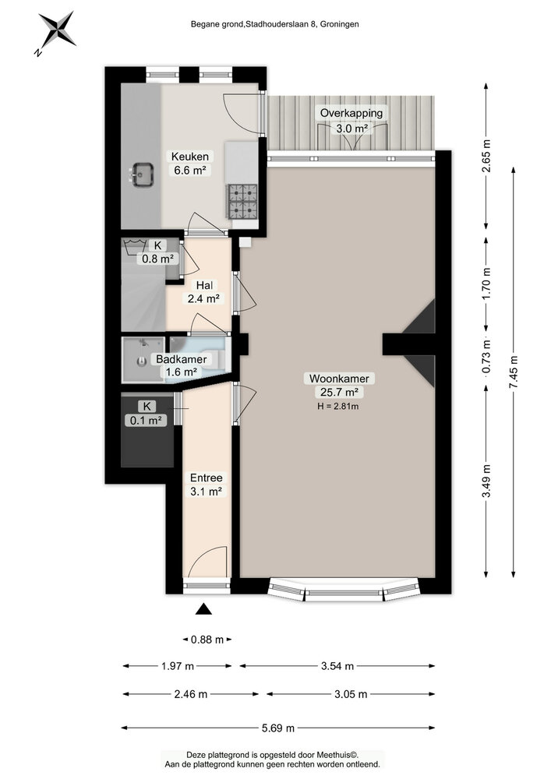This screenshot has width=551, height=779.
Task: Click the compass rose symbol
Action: point(56,31)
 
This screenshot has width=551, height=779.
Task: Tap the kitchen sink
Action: point(142,174)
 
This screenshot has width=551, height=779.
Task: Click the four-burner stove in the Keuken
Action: point(242,201)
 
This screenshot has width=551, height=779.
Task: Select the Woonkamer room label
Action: point(339,379)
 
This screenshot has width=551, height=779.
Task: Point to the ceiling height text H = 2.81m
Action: point(338,406)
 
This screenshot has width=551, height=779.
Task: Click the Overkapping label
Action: point(351,113)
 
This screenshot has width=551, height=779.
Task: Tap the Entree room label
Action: point(207,478)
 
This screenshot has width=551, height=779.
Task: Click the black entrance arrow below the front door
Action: point(203,609)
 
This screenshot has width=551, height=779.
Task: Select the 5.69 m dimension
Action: point(278,728)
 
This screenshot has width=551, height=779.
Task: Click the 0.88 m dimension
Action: point(207,640)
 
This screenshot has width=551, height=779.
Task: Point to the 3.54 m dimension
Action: point(338,666)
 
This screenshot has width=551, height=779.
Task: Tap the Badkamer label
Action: point(182,359)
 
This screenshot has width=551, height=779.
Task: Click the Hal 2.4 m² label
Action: point(204,292)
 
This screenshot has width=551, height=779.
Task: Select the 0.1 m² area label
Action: point(146,421)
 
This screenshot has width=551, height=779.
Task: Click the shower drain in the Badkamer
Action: point(142,361)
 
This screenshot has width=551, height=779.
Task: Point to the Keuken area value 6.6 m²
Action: point(190,171)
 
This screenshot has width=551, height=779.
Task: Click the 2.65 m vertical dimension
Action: point(486,156)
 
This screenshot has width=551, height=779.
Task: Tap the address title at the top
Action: point(275,24)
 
